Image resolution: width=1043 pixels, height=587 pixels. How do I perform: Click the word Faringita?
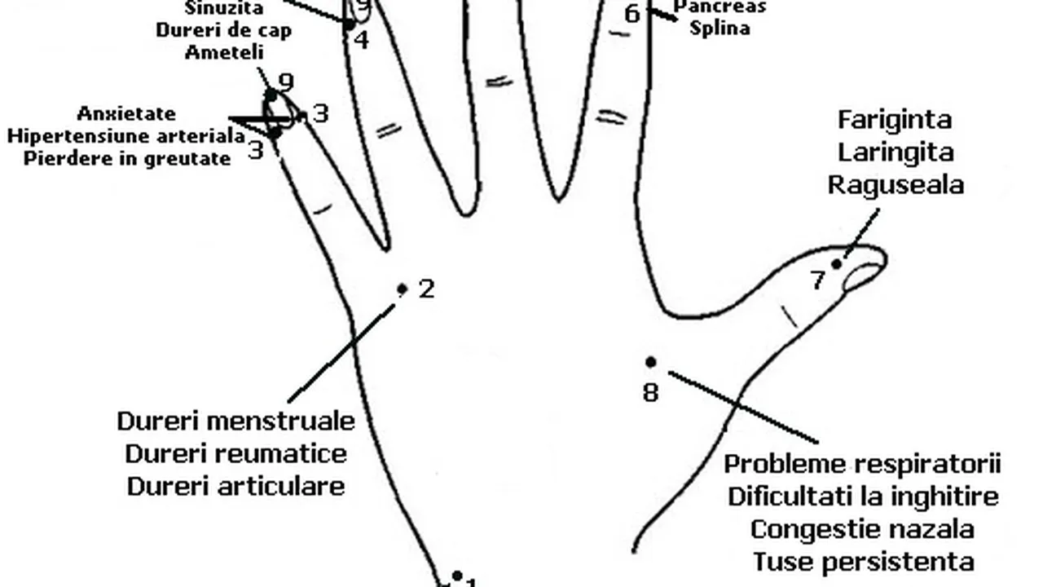895,120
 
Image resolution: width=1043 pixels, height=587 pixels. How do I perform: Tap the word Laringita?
896,152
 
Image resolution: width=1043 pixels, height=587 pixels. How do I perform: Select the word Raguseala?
896,184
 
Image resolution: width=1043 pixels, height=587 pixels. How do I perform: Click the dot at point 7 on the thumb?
836,263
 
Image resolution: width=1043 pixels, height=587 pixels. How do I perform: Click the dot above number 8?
650,362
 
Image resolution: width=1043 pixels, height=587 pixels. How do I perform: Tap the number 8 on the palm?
650,393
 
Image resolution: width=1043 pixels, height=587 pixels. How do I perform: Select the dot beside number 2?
402,289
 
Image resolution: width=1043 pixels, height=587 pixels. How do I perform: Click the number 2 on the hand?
426,289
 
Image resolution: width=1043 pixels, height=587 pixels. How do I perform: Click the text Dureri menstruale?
236,421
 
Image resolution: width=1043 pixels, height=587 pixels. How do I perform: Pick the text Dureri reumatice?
236,453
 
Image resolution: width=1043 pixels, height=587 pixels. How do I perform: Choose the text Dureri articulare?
236,486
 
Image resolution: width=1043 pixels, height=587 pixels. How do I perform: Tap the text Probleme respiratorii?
862,463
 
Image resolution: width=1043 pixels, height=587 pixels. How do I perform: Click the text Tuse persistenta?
862,562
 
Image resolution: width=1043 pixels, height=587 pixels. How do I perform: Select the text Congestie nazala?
862,529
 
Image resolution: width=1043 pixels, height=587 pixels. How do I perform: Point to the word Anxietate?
126,113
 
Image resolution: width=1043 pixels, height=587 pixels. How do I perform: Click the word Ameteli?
224,52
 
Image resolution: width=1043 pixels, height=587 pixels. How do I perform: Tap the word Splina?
720,28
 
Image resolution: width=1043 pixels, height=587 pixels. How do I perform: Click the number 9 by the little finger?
285,82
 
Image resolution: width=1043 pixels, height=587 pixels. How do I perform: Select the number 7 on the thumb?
818,280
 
